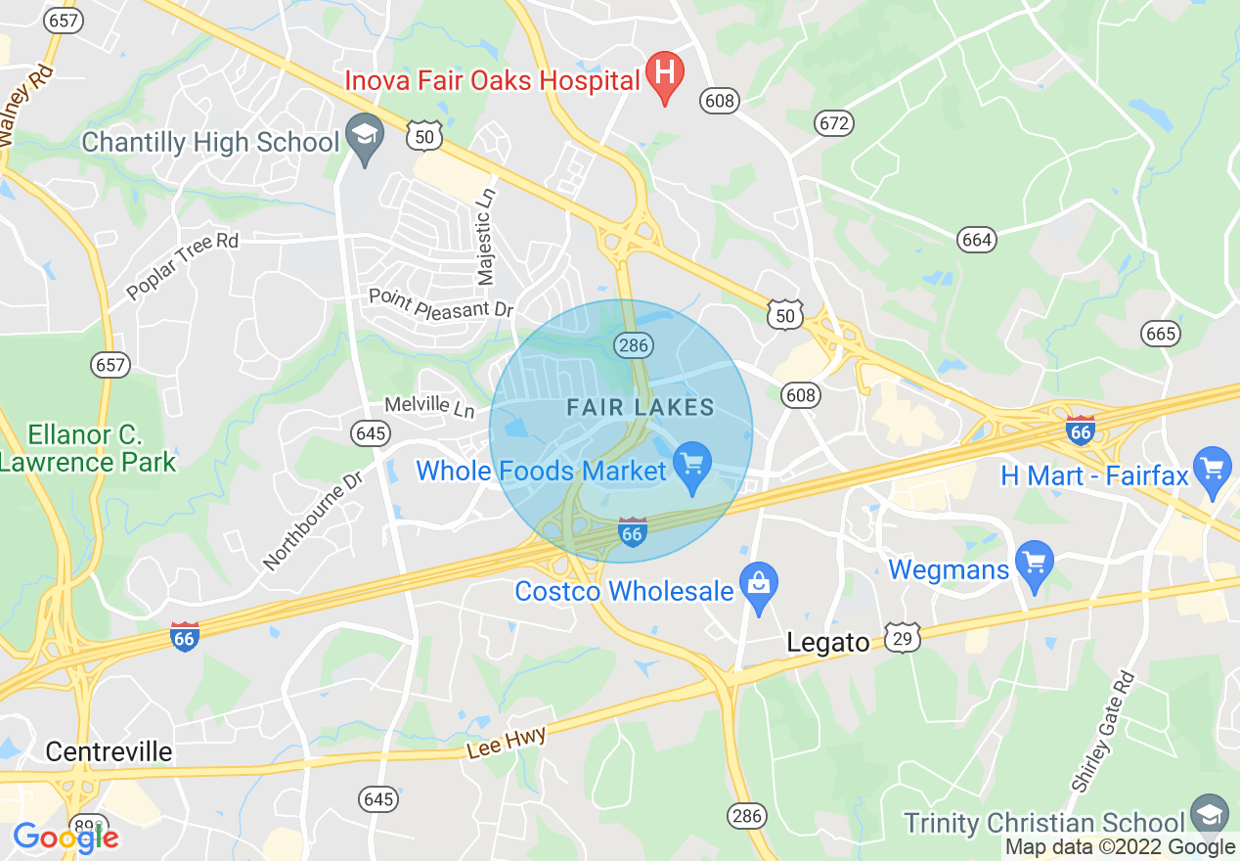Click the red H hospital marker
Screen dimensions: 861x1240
pyautogui.click(x=665, y=74)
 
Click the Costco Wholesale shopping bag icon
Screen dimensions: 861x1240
pyautogui.click(x=758, y=585)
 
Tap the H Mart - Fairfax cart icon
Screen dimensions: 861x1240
pyautogui.click(x=1213, y=470)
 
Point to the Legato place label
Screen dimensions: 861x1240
pyautogui.click(x=828, y=643)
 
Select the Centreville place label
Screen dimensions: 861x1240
pyautogui.click(x=109, y=751)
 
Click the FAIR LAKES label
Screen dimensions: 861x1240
pyautogui.click(x=641, y=408)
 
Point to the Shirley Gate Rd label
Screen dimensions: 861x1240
pyautogui.click(x=1102, y=731)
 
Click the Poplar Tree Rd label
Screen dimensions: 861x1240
pyautogui.click(x=182, y=267)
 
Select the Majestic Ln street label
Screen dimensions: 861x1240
pyautogui.click(x=484, y=239)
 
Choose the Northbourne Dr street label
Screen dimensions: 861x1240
pyautogui.click(x=313, y=521)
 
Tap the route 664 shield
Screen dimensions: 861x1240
pyautogui.click(x=976, y=240)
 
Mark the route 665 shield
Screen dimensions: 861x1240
pyautogui.click(x=1160, y=334)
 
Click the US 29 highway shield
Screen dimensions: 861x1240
pyautogui.click(x=903, y=638)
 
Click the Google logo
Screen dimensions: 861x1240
pyautogui.click(x=65, y=837)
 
